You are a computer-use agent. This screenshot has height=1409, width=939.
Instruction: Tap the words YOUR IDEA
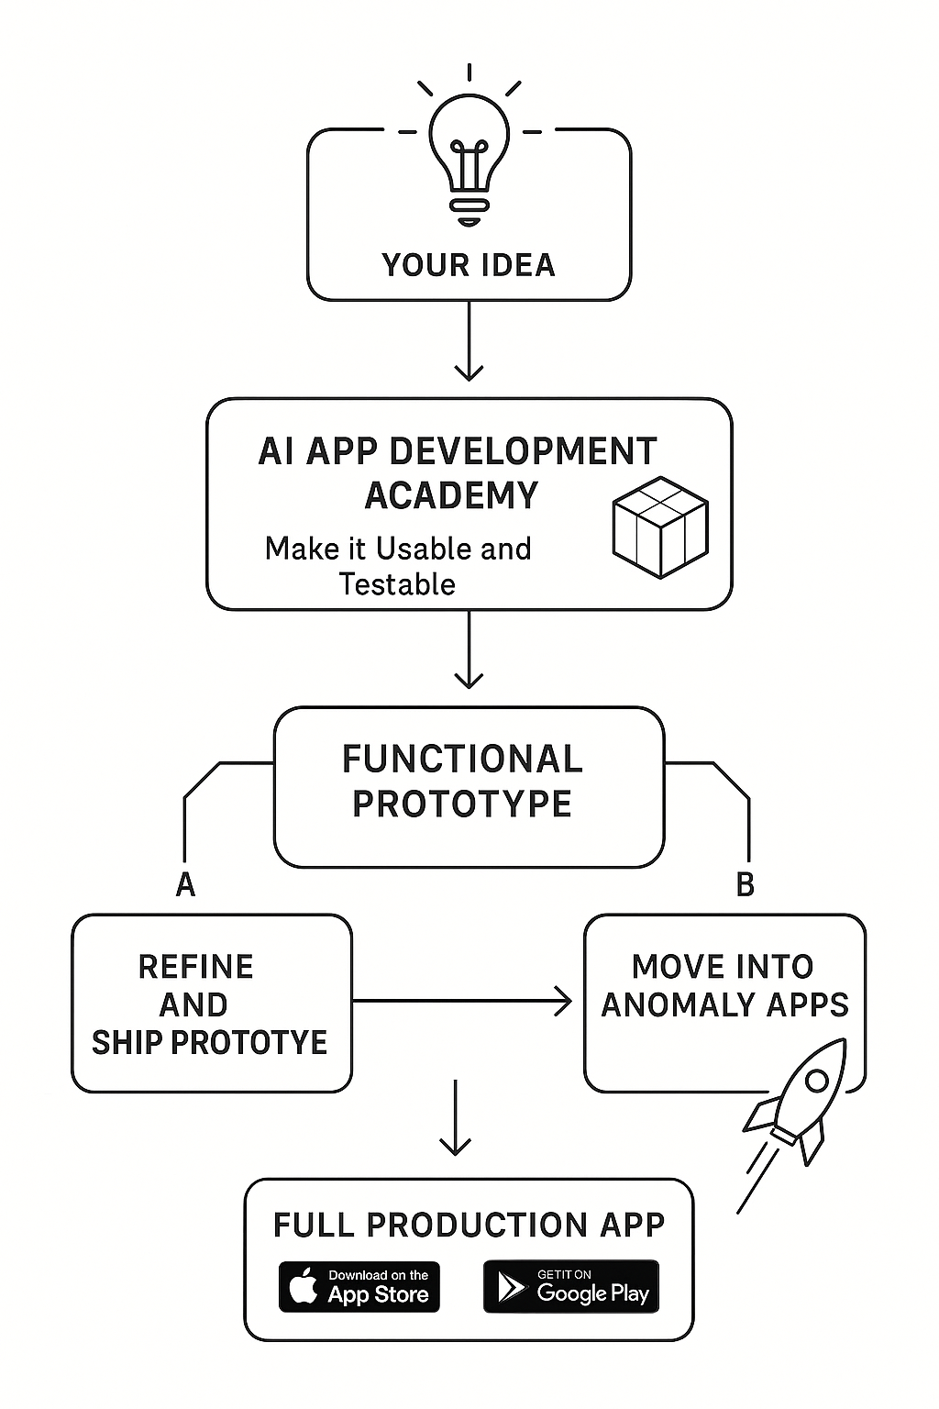point(469,265)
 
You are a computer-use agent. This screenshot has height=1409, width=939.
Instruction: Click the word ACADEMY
point(451,495)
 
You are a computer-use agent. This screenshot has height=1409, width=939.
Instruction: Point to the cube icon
point(660,527)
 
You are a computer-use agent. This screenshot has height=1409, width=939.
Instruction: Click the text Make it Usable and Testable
point(398,566)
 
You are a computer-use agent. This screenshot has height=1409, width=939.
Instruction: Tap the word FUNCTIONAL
point(462,760)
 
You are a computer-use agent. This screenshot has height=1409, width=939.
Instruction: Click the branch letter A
point(185,885)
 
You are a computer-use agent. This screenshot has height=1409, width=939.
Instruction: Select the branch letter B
point(746,885)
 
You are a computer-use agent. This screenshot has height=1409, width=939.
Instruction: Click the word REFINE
point(195,967)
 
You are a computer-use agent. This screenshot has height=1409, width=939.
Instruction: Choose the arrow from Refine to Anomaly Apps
point(463,1001)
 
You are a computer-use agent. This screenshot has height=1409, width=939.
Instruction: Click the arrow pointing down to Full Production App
point(455,1119)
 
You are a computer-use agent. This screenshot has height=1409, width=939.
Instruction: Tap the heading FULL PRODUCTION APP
point(469,1225)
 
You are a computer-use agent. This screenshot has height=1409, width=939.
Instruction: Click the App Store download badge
point(359,1286)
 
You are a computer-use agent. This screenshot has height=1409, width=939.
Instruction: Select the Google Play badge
point(571,1286)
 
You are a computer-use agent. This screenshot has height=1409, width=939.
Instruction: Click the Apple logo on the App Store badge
point(304,1286)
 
